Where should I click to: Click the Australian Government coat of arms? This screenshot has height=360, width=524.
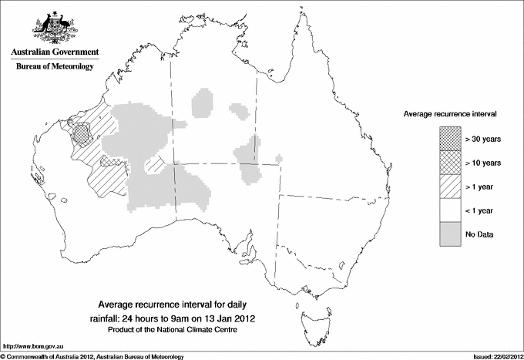point(54,26)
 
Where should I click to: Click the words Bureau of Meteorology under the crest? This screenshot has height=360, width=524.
point(55,67)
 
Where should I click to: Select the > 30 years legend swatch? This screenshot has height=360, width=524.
point(449,139)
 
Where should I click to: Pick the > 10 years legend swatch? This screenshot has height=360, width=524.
point(449,163)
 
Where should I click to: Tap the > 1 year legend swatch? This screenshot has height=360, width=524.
point(449,187)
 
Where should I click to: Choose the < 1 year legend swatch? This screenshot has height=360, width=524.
point(449,210)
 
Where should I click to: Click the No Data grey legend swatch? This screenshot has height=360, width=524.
point(449,234)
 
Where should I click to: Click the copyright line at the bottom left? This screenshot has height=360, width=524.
point(93,355)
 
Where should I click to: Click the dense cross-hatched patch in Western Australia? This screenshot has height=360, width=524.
point(79,133)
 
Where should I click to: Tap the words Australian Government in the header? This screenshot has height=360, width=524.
point(55,52)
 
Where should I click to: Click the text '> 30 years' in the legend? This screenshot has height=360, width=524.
point(482,139)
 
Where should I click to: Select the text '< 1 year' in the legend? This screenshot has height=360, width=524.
point(479,210)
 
